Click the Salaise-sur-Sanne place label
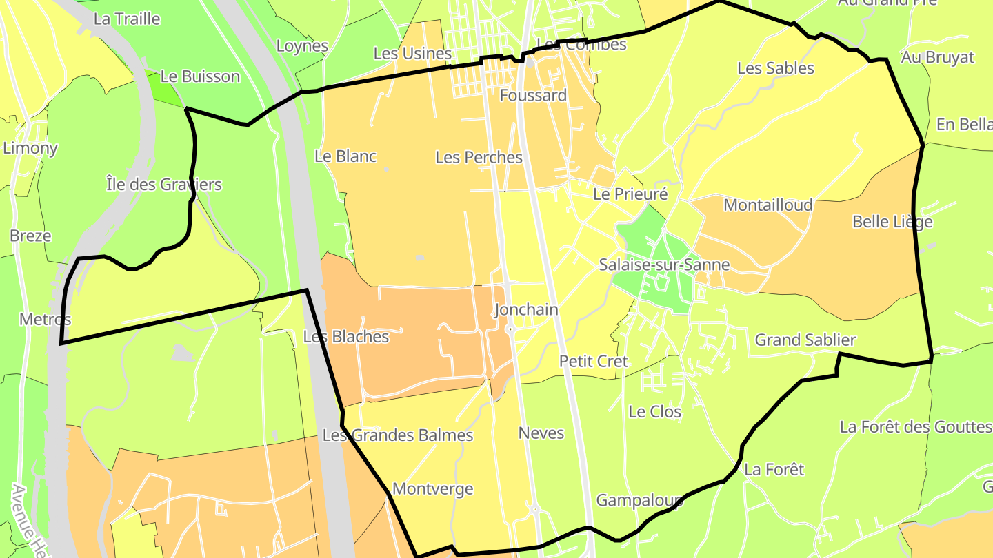click(664, 265)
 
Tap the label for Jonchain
click(525, 310)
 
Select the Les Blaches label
click(346, 337)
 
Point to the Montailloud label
click(768, 205)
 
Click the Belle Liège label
click(892, 222)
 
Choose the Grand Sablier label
click(805, 340)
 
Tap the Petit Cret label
click(594, 361)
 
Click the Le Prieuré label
click(630, 194)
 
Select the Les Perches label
click(479, 157)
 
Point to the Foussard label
click(533, 95)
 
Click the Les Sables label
click(776, 68)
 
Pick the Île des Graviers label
click(164, 185)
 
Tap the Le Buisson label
click(200, 76)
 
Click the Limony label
click(30, 148)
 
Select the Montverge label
click(433, 489)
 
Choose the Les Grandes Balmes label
click(398, 435)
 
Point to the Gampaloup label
click(639, 500)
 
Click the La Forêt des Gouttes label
click(916, 427)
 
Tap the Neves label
click(541, 433)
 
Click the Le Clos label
click(655, 412)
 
